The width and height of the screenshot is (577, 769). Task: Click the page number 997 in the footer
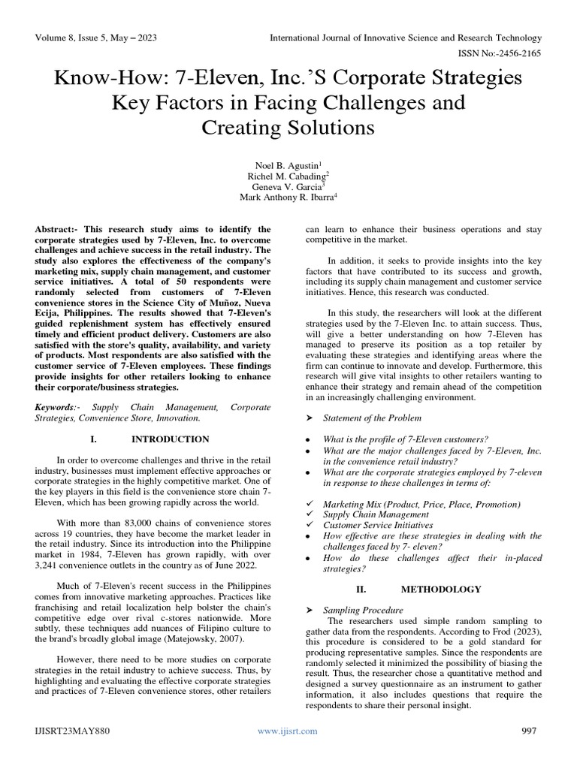(530, 731)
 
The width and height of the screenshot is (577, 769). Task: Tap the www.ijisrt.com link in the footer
(287, 731)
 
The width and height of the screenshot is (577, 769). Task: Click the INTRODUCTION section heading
(171, 439)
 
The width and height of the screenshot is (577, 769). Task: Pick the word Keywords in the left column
(55, 407)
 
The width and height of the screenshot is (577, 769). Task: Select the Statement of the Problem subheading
(372, 418)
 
